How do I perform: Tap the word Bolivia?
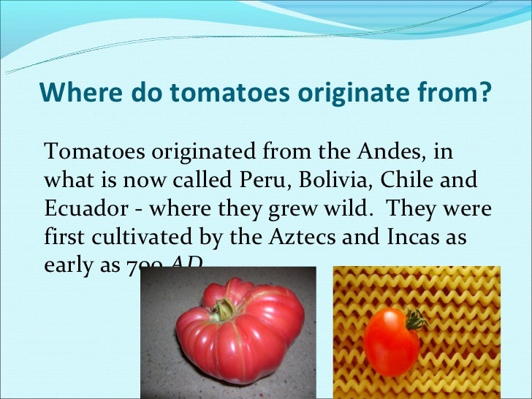pos(335,179)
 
